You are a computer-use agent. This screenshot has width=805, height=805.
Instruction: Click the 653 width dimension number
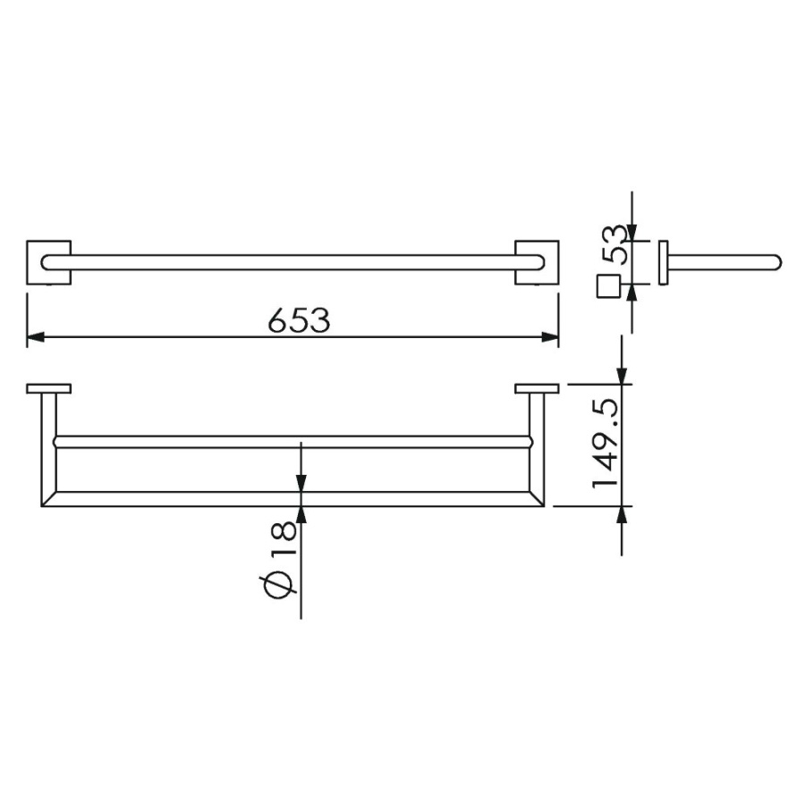pos(300,320)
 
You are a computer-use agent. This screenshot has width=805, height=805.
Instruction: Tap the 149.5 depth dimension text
pos(606,444)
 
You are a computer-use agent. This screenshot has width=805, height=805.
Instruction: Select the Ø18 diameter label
pos(278,557)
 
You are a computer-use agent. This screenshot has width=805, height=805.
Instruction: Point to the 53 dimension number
pos(614,245)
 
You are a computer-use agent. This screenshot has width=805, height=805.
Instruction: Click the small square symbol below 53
pos(609,286)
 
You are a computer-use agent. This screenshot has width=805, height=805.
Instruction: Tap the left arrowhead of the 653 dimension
pos(35,337)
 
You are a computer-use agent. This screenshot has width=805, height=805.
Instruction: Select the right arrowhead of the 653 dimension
pos(550,337)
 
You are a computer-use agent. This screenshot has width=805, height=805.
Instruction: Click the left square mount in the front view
pos(49,262)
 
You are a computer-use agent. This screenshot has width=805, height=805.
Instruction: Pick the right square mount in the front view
pos(537,262)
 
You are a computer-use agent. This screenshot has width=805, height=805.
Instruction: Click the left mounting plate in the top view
pos(49,389)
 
